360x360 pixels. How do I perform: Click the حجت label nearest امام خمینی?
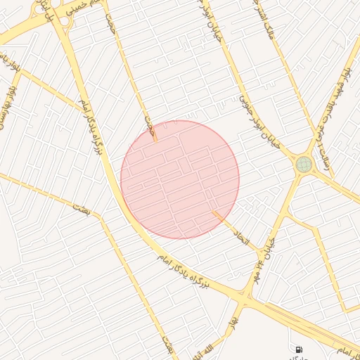click(110, 25)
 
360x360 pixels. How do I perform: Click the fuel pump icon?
click(299, 349)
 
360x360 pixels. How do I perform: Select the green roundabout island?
click(303, 165)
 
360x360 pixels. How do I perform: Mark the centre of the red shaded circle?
click(180, 179)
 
